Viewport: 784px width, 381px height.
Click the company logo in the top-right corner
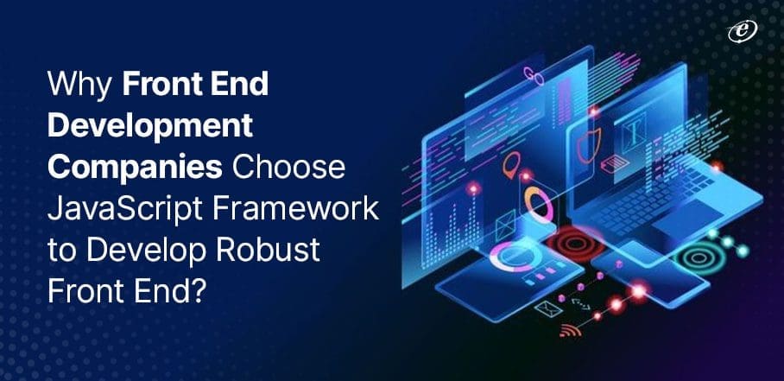740,30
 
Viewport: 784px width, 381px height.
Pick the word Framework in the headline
309,208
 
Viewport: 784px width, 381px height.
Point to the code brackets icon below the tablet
580,302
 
